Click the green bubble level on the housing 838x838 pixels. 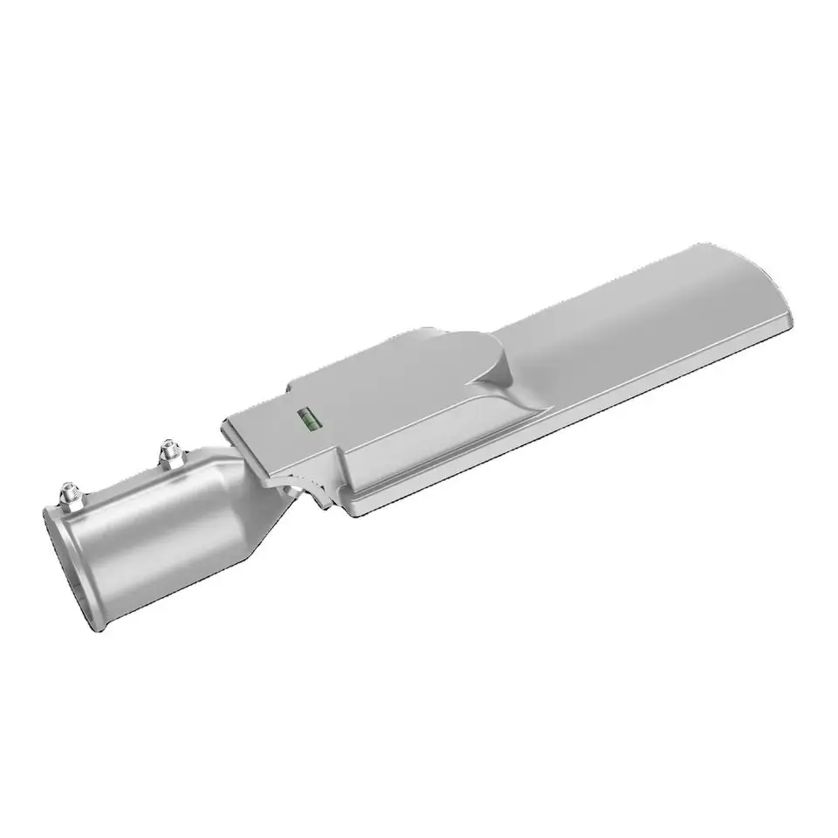[x=307, y=420]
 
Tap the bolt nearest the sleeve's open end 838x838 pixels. [x=68, y=497]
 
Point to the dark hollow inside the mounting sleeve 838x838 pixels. [x=63, y=567]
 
